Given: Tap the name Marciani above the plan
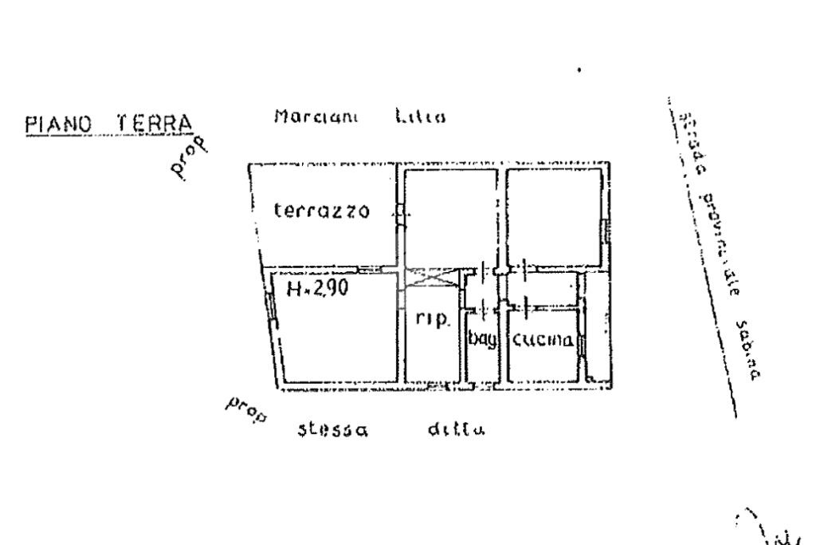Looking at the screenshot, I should (316, 117).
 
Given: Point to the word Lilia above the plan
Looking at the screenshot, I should (420, 117).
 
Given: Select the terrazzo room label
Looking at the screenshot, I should (322, 211).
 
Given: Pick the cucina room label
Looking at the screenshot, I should (543, 341).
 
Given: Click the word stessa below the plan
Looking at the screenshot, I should (332, 432).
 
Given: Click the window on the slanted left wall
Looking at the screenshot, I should (272, 307).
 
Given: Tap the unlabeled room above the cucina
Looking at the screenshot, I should (555, 216).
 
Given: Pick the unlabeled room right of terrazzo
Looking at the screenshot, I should (449, 216).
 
